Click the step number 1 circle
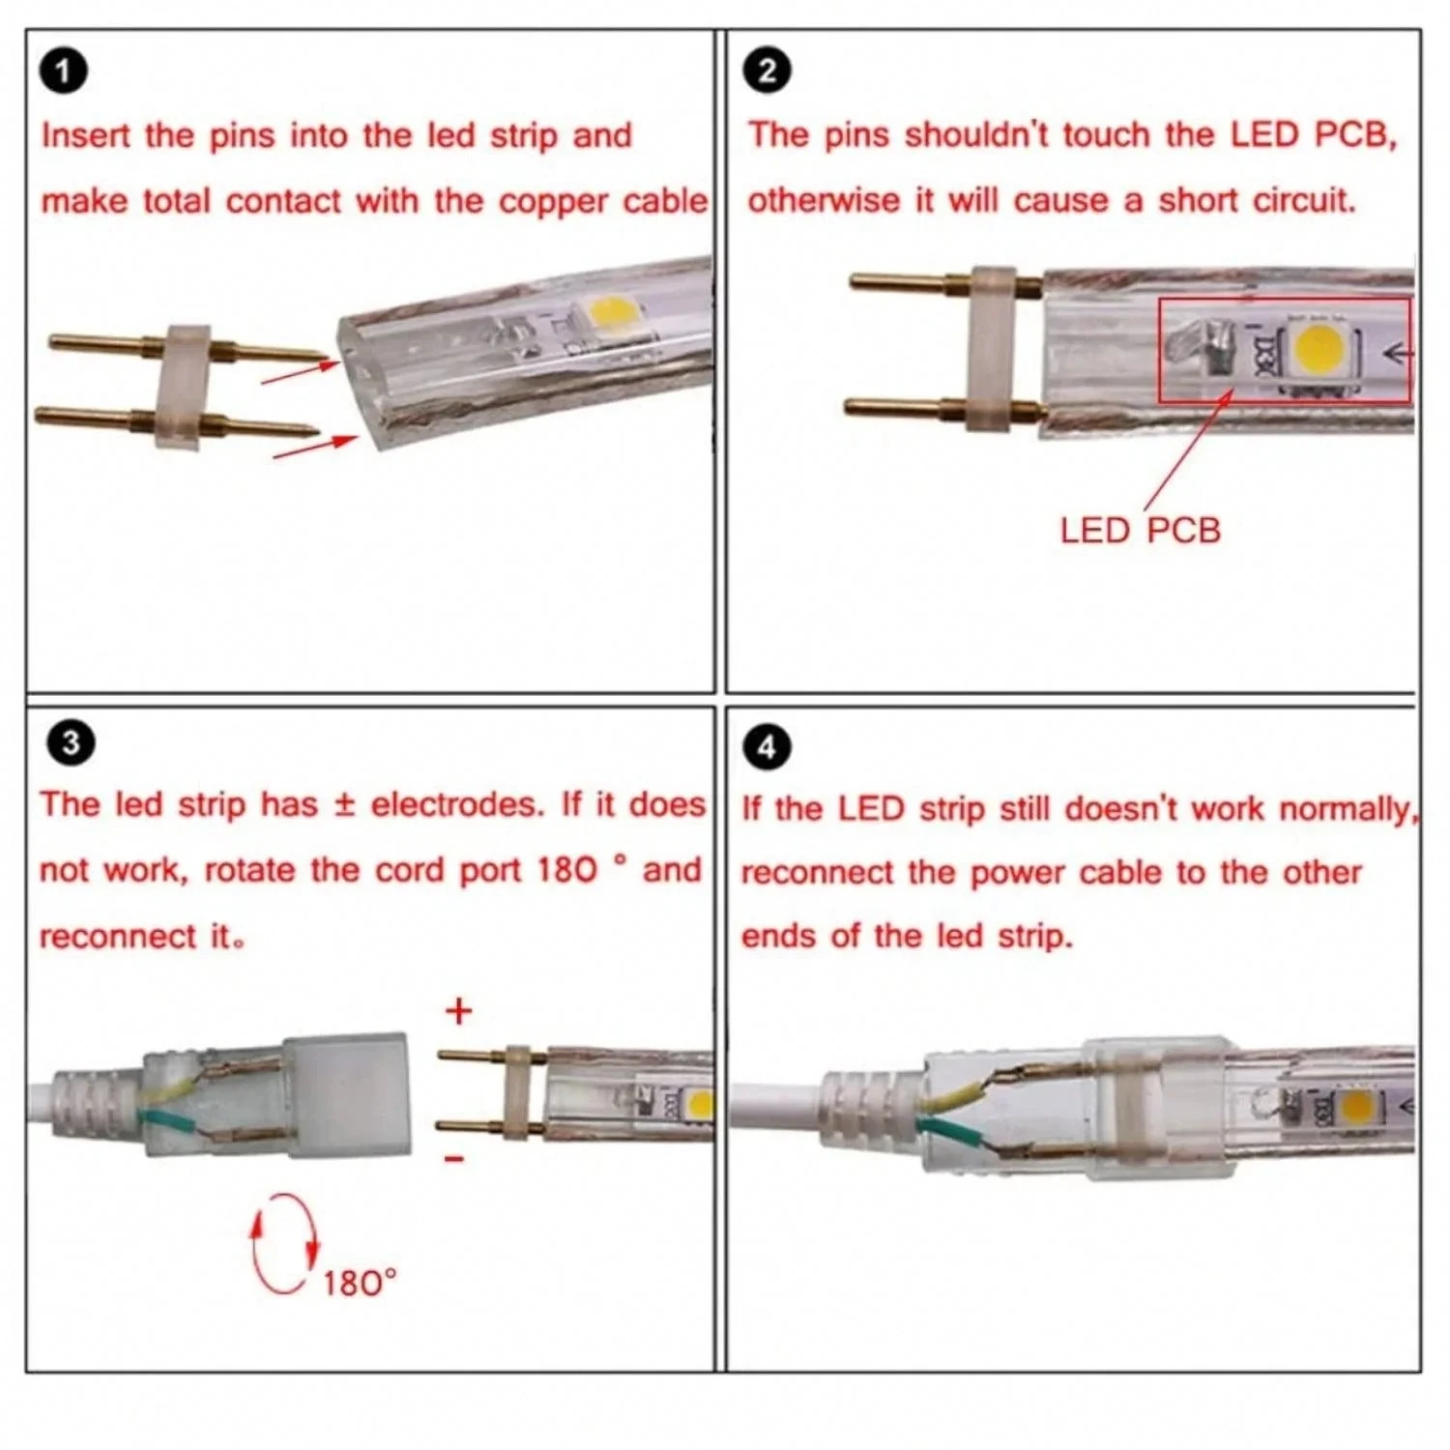pos(64,72)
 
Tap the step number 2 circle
pos(768,72)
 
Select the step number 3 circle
pos(71,743)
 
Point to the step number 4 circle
pos(768,747)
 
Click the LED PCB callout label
pos(1140,531)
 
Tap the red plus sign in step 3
pos(459,1011)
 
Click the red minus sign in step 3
pos(455,1158)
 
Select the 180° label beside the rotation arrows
pos(360,1283)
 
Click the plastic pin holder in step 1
pos(188,386)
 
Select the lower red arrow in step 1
pos(314,447)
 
